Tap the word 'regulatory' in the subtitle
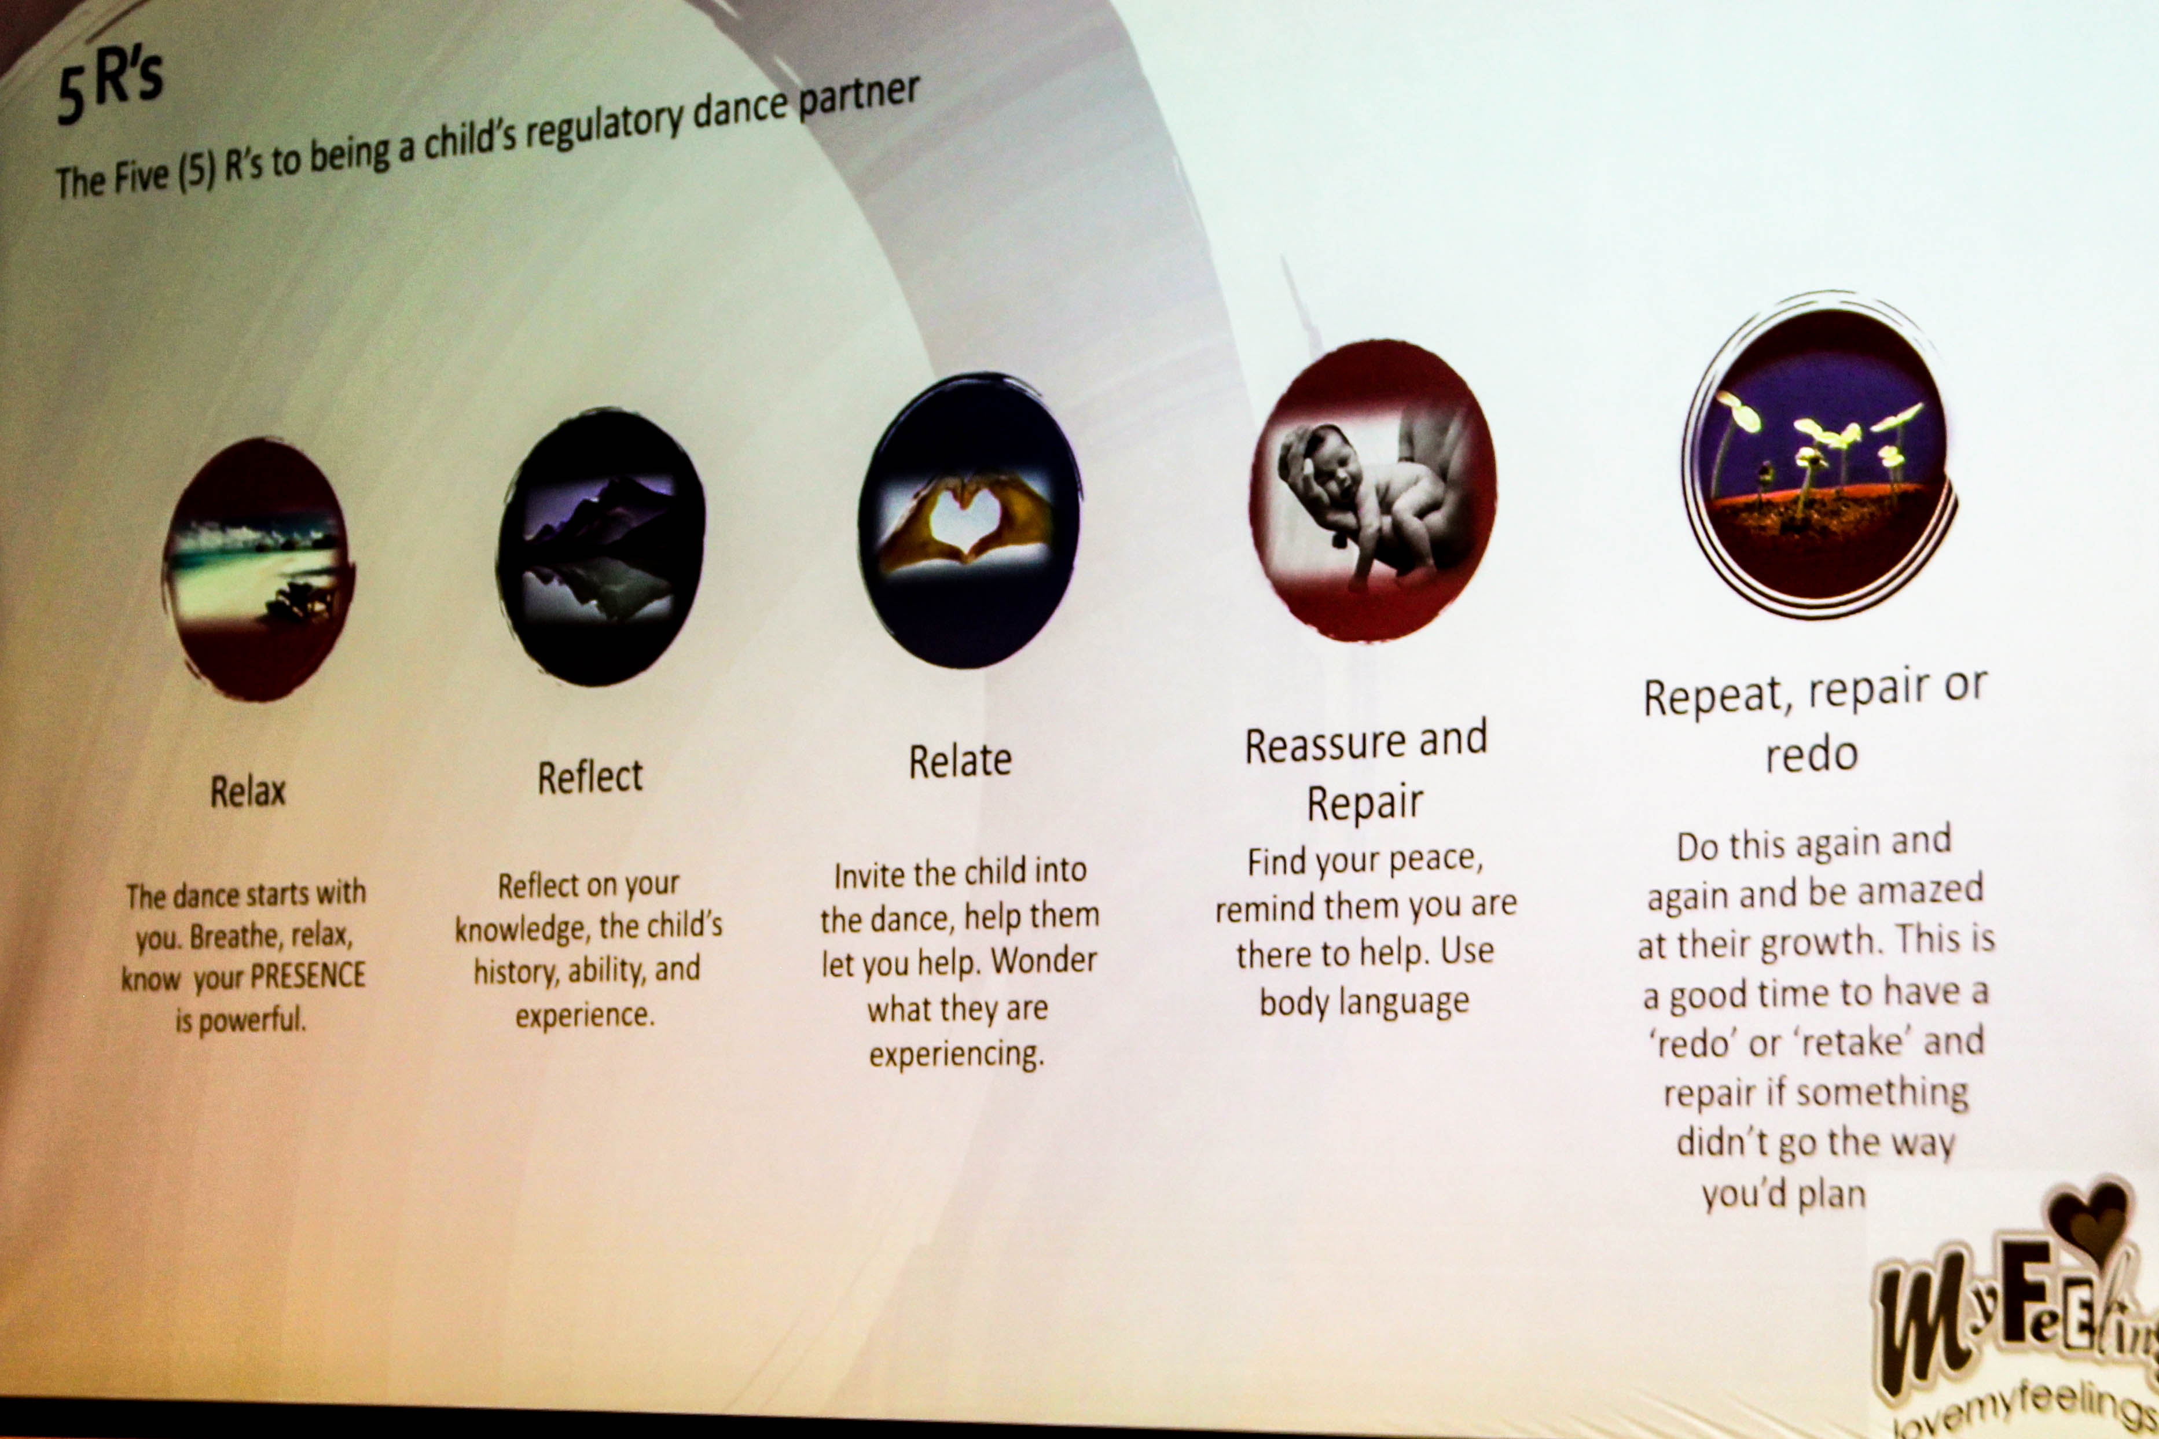click(604, 128)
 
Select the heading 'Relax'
click(248, 791)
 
